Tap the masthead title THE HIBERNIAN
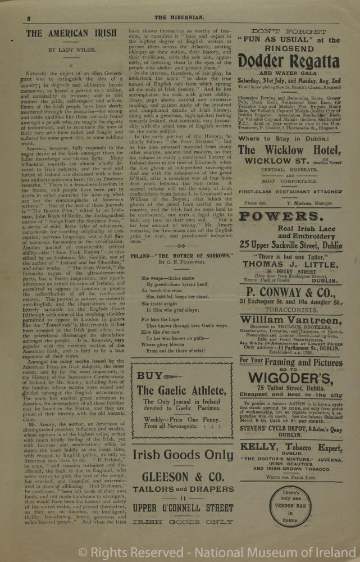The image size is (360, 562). (179, 18)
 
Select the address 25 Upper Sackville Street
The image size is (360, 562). (290, 245)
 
